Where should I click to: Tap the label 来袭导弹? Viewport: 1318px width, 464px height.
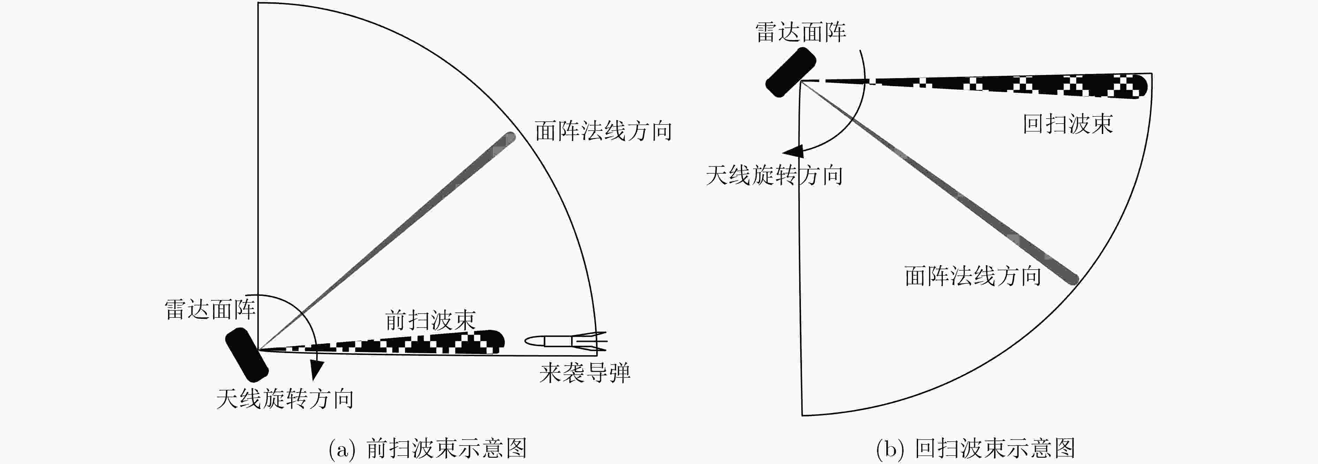tap(584, 373)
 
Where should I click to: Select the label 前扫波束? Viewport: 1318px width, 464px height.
tap(430, 321)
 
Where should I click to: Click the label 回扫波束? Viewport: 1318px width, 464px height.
tap(1068, 124)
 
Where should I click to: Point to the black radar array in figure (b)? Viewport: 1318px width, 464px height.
tap(790, 72)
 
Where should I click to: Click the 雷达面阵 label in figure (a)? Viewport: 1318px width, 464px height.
tap(210, 310)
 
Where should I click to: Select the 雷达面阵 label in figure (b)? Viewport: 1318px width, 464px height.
tap(801, 32)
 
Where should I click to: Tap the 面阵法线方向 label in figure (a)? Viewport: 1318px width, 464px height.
tap(603, 131)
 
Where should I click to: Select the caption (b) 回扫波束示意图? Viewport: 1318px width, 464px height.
tap(975, 449)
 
